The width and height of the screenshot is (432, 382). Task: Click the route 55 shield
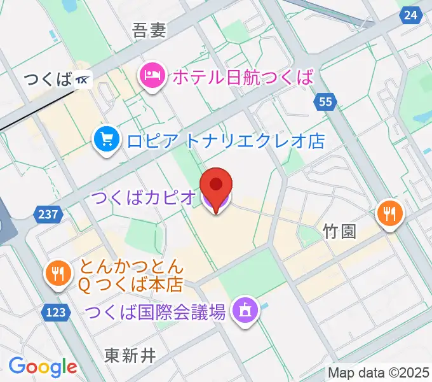(x=326, y=101)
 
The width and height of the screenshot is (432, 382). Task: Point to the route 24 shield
(x=412, y=14)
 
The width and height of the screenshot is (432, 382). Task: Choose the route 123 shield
(x=58, y=311)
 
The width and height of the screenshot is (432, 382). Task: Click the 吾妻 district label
(x=149, y=31)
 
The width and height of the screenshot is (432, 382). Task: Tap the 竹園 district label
(x=339, y=230)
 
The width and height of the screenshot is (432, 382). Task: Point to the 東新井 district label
(x=130, y=354)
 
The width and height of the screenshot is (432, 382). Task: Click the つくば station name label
(x=48, y=80)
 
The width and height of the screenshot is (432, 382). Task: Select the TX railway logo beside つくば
(x=83, y=80)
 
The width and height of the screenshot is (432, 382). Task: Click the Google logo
(x=43, y=367)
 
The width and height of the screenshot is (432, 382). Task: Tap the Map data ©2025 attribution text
(x=379, y=372)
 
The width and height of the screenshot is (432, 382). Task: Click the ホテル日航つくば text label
(x=243, y=78)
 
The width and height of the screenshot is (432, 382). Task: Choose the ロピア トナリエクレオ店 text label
(x=226, y=139)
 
